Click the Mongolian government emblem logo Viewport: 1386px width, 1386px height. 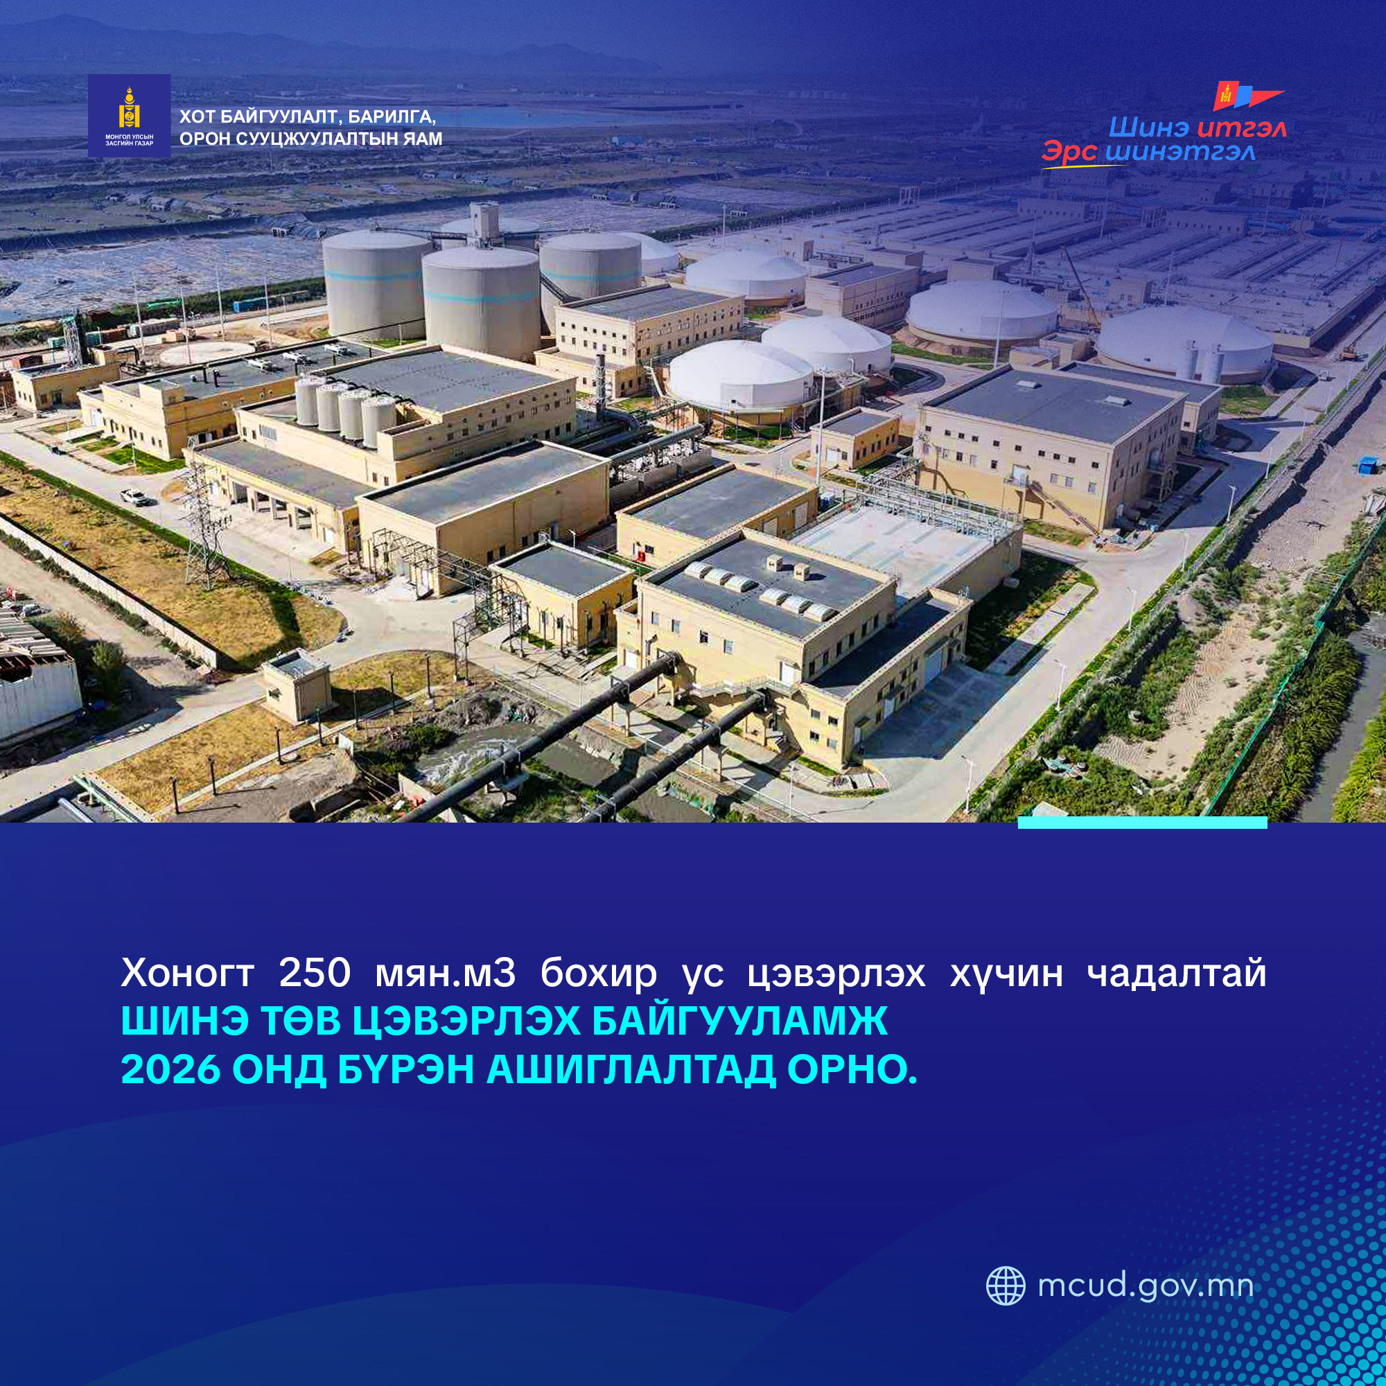pyautogui.click(x=129, y=116)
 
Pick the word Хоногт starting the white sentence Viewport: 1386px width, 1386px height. pyautogui.click(x=187, y=973)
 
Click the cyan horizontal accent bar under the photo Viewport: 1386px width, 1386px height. pyautogui.click(x=1142, y=822)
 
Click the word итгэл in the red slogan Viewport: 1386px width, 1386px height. pyautogui.click(x=1242, y=128)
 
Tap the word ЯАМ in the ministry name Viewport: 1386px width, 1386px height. pyautogui.click(x=423, y=139)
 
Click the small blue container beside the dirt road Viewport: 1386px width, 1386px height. pyautogui.click(x=1365, y=465)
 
